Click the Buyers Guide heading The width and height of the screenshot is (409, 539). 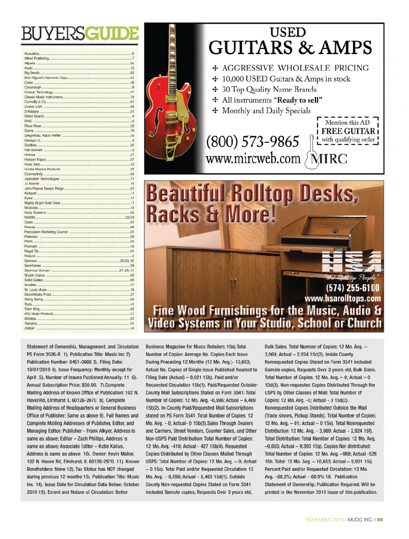tap(80, 34)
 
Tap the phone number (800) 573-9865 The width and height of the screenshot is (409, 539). tap(252, 142)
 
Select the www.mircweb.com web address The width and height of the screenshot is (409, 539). tap(253, 158)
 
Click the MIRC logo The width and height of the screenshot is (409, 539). tap(327, 159)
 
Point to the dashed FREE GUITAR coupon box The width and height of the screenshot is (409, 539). tap(348, 131)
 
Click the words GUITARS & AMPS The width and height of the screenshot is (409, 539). tap(290, 48)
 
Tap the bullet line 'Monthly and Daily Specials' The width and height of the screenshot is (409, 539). tap(266, 111)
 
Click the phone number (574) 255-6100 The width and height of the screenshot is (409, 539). tap(353, 288)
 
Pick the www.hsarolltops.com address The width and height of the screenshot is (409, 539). tap(342, 299)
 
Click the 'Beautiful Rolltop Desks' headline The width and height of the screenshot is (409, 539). tap(252, 193)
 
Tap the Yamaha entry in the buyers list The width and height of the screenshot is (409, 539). tap(31, 323)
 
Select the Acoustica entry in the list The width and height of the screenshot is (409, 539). tap(32, 54)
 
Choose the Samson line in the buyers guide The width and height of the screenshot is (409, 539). tap(31, 261)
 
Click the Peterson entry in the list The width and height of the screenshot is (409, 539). tap(31, 237)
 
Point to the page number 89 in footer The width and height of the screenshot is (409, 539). tap(380, 520)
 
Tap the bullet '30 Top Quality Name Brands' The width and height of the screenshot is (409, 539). tap(269, 90)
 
